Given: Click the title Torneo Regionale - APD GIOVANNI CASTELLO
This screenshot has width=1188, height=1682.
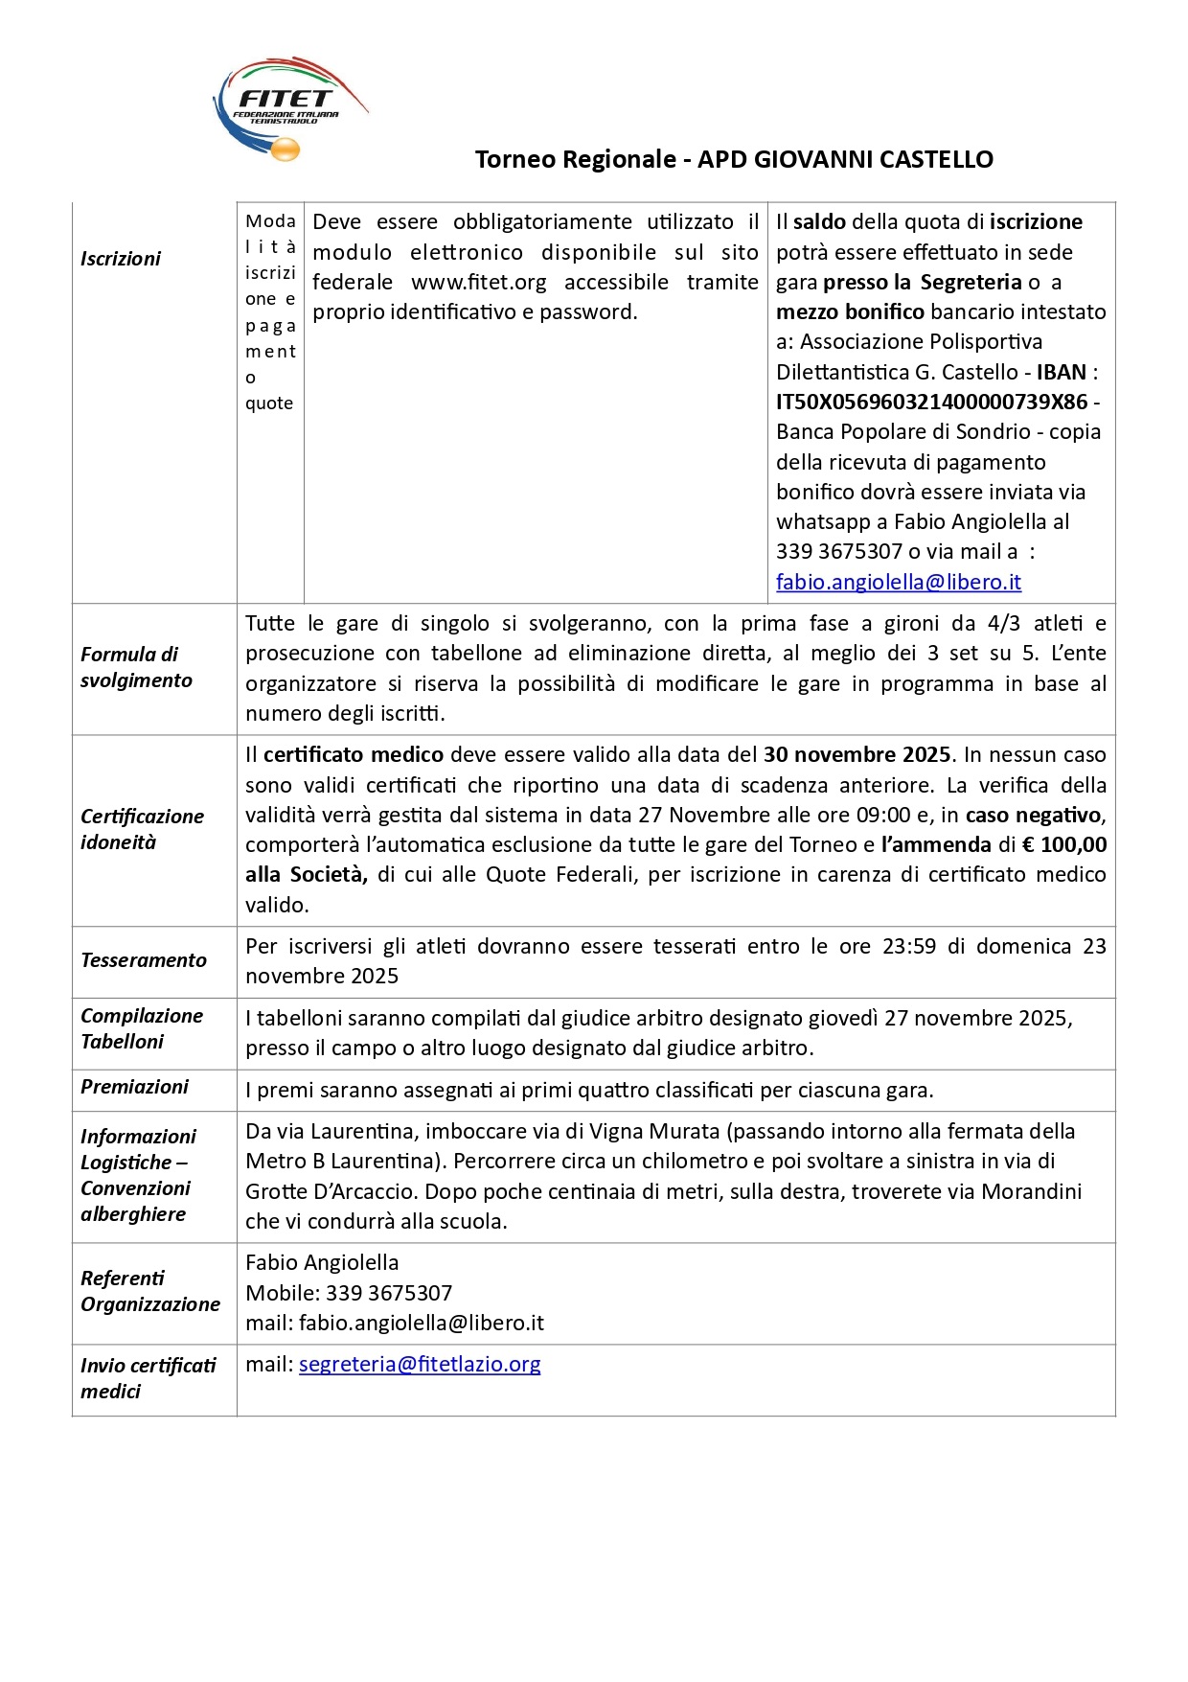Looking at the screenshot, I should pyautogui.click(x=734, y=159).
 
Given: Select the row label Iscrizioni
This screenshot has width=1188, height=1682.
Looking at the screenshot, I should pyautogui.click(x=121, y=259).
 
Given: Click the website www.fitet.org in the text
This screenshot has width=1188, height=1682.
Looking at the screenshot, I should pyautogui.click(x=478, y=283).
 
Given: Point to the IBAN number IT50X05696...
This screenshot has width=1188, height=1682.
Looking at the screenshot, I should pyautogui.click(x=931, y=402).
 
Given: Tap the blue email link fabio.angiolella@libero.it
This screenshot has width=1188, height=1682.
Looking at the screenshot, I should pyautogui.click(x=898, y=582).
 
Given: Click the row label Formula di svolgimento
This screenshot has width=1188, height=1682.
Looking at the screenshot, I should pyautogui.click(x=136, y=667).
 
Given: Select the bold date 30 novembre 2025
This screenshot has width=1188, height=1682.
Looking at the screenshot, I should pyautogui.click(x=857, y=755).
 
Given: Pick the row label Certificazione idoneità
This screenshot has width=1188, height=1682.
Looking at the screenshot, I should pyautogui.click(x=142, y=829).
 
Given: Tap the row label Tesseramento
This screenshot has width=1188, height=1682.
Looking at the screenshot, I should pyautogui.click(x=144, y=960).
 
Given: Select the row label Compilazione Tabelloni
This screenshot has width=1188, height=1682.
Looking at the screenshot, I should pyautogui.click(x=142, y=1028).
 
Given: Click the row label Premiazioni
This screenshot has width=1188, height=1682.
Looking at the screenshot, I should pyautogui.click(x=135, y=1087).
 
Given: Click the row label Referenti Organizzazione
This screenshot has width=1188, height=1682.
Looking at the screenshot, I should pyautogui.click(x=149, y=1291).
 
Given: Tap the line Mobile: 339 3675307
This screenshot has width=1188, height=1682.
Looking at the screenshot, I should pyautogui.click(x=349, y=1293).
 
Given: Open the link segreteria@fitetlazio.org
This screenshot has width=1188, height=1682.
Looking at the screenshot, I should pyautogui.click(x=420, y=1364).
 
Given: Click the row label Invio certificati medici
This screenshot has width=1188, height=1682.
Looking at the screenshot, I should pyautogui.click(x=148, y=1377).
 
